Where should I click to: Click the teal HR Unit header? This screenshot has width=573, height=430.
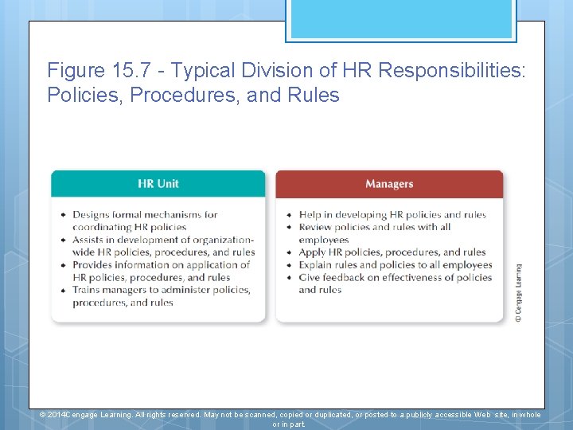click(x=158, y=184)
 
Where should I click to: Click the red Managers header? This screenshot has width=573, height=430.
click(x=389, y=184)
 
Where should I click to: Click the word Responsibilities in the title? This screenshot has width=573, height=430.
click(x=452, y=70)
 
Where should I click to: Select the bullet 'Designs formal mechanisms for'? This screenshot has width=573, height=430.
click(x=145, y=214)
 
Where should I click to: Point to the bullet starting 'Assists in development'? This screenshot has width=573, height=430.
click(x=163, y=240)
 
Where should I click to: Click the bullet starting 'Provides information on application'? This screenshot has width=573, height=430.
click(x=161, y=265)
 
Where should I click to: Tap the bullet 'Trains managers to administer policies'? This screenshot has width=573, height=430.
click(x=161, y=290)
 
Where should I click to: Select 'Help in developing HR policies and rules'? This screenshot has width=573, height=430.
click(x=392, y=214)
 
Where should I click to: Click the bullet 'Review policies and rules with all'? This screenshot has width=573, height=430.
click(x=374, y=227)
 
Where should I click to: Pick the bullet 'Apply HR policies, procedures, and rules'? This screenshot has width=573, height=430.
click(x=392, y=252)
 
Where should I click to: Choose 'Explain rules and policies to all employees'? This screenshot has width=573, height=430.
click(x=396, y=265)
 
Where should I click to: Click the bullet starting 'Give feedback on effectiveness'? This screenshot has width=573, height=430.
click(x=396, y=277)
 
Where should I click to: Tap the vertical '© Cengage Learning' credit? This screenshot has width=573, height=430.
click(x=518, y=292)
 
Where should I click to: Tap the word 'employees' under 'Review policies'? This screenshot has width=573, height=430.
click(x=324, y=240)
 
